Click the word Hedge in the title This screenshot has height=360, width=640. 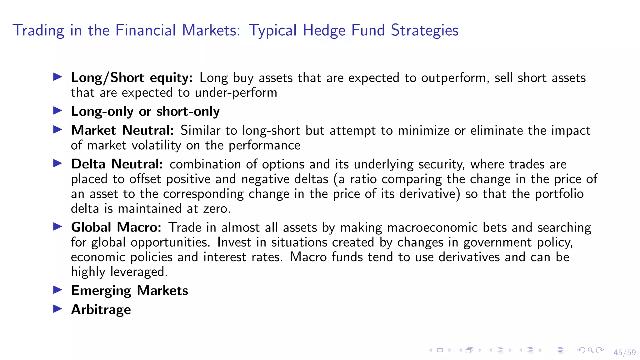click(x=324, y=31)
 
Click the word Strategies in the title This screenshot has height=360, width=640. click(x=424, y=31)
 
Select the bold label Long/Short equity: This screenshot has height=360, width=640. click(x=132, y=78)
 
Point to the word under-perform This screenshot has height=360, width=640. click(x=236, y=93)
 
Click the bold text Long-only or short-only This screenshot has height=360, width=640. click(x=145, y=112)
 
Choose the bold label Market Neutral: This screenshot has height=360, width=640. click(x=122, y=130)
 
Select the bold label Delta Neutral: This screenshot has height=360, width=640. click(x=117, y=164)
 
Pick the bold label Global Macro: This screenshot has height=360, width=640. click(x=116, y=227)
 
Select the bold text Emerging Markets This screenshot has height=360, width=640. click(x=129, y=291)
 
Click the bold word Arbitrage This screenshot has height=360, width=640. click(x=101, y=310)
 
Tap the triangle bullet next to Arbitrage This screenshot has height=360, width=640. click(x=57, y=309)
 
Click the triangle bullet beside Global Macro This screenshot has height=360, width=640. click(x=57, y=227)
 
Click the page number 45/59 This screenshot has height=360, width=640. click(x=624, y=352)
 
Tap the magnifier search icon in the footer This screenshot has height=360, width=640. click(x=590, y=350)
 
